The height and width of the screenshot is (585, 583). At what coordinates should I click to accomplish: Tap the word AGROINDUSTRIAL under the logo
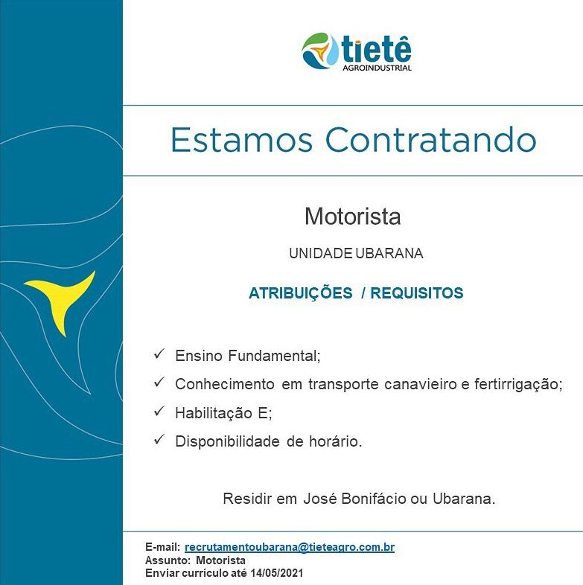click(x=377, y=68)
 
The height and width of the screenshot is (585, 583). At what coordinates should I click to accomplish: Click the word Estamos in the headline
click(x=241, y=140)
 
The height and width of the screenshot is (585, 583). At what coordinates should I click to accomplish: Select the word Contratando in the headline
click(x=431, y=140)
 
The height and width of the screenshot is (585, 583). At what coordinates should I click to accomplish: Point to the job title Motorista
click(x=353, y=217)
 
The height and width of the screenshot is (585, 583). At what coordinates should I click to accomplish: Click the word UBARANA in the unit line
click(x=389, y=254)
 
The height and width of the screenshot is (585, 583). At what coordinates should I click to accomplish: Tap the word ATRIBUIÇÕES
click(x=301, y=293)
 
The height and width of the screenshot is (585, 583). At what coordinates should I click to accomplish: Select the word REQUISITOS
click(x=416, y=293)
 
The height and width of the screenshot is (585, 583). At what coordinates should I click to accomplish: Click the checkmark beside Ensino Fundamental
click(x=159, y=354)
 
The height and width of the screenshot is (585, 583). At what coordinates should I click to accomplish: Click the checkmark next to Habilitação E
click(x=159, y=411)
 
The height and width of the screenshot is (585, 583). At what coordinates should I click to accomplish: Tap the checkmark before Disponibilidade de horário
click(x=159, y=439)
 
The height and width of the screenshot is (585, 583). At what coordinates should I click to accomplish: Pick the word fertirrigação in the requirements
click(x=518, y=385)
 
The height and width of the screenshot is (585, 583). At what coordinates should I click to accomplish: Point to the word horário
click(x=336, y=442)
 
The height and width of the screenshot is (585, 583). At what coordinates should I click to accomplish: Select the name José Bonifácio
click(x=354, y=499)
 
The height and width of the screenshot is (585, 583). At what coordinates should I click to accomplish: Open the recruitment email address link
click(x=290, y=547)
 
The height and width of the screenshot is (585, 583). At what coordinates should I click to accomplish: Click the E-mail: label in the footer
click(x=163, y=547)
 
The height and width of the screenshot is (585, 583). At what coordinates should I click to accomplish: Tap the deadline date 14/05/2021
click(x=276, y=572)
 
